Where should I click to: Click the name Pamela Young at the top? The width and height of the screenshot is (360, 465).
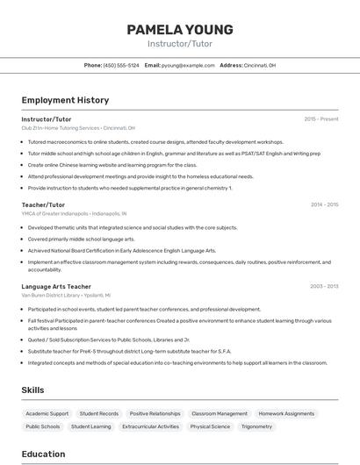coord(179,29)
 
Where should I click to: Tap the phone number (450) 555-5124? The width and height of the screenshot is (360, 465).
coord(121,65)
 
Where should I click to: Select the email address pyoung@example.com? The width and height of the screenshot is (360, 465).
coord(187,65)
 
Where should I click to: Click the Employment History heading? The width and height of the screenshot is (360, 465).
coord(65,100)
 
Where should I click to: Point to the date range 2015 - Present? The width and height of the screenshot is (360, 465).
coord(320,118)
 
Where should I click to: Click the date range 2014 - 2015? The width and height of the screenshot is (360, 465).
coord(324,204)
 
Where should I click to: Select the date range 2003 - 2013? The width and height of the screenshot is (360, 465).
coord(324,286)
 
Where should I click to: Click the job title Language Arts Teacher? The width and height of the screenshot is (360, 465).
coord(56,286)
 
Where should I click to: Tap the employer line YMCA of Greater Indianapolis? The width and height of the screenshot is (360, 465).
coord(74,213)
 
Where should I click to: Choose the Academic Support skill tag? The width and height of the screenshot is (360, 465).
coord(47,413)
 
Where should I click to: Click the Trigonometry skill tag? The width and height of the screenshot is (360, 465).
coord(256,426)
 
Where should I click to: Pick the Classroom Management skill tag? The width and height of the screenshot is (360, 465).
coord(220,413)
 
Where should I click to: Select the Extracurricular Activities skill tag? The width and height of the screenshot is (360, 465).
coord(150,426)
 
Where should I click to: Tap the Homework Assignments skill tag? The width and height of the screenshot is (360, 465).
coord(286,413)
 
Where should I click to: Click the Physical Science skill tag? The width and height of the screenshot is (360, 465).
coord(210,426)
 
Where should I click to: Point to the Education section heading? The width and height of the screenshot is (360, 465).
coord(43,454)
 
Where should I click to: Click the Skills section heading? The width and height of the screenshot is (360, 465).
coord(33,390)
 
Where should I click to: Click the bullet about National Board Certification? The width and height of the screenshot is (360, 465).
coord(121,250)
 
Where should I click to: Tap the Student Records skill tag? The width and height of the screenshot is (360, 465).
coord(99,413)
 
